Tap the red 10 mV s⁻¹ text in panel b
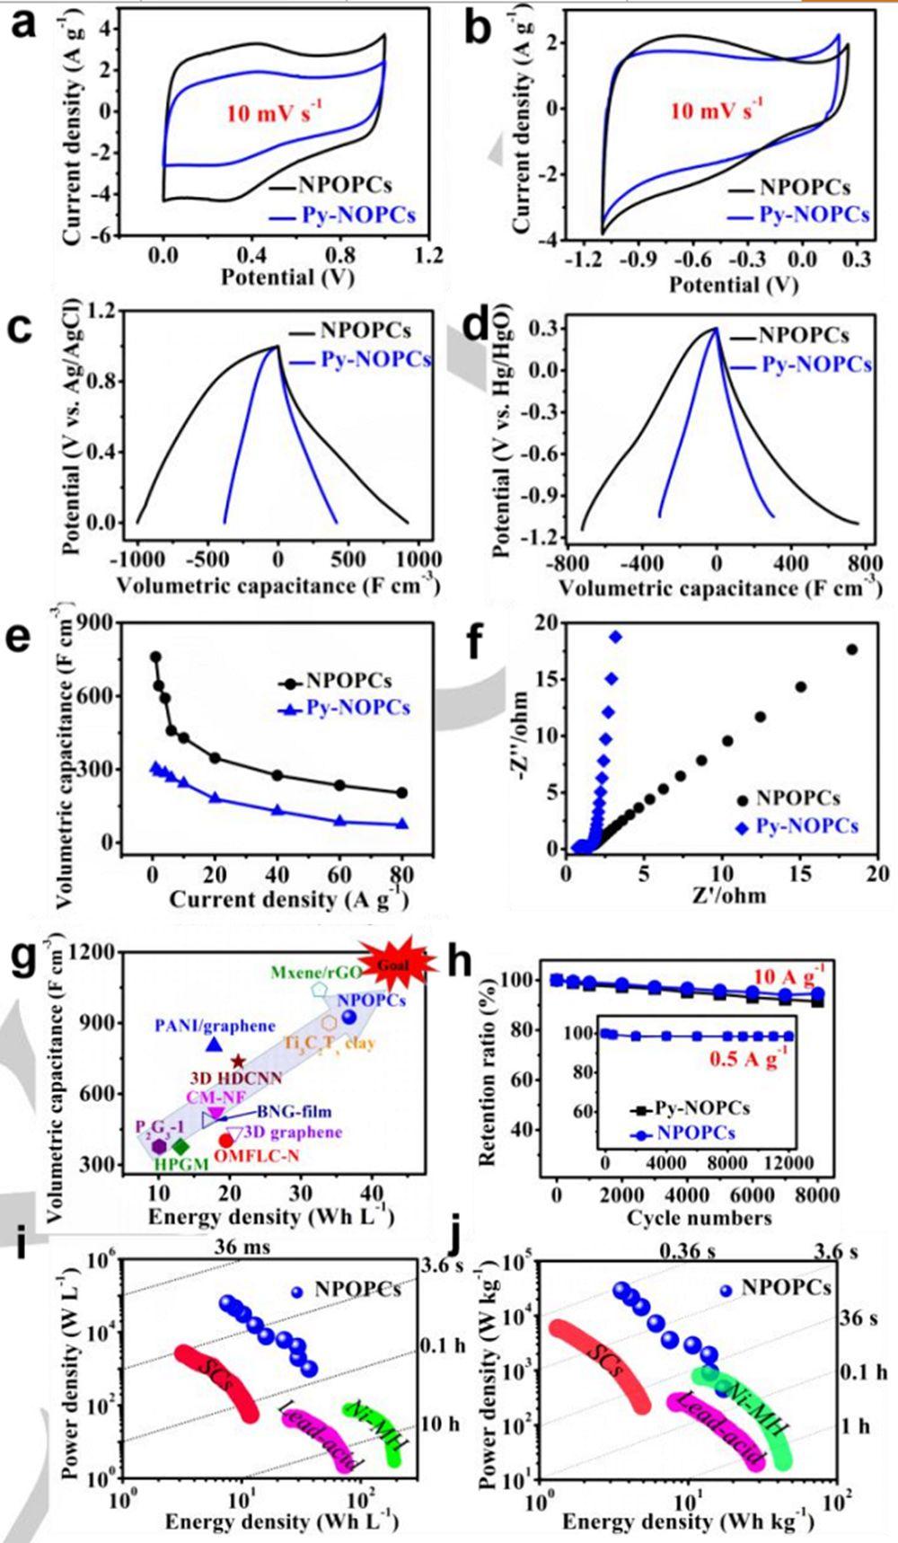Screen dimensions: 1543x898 click(716, 113)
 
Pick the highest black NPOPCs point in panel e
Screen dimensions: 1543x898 click(155, 657)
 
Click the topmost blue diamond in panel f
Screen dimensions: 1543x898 click(615, 637)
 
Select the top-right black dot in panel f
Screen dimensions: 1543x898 click(851, 649)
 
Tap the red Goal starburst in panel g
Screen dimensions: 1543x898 click(396, 964)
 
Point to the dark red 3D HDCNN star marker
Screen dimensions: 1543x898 click(238, 1062)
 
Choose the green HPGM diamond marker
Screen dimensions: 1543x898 click(180, 1146)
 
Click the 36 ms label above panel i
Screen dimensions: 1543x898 click(242, 1248)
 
